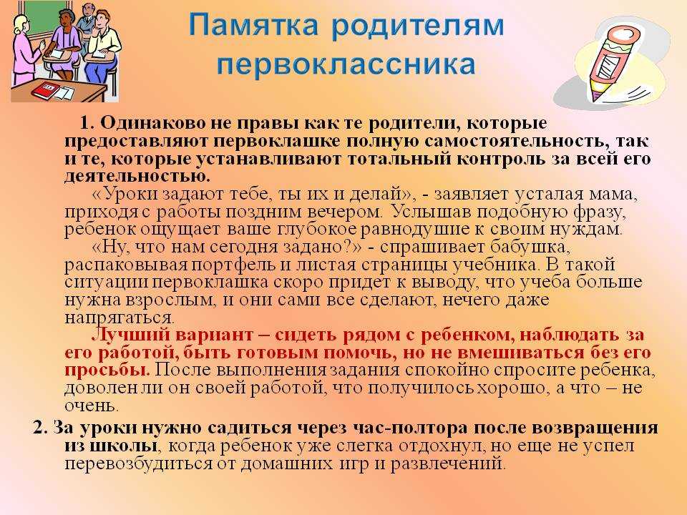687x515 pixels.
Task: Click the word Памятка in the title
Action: [x=253, y=25]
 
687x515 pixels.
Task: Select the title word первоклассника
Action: [x=346, y=64]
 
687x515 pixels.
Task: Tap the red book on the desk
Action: [x=45, y=90]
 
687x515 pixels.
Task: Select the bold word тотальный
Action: [x=399, y=159]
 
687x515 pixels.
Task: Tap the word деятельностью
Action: [x=137, y=176]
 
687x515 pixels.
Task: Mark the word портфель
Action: [x=237, y=265]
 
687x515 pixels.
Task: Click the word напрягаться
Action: [x=120, y=318]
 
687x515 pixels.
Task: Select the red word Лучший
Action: [x=130, y=335]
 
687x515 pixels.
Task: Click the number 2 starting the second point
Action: [x=40, y=428]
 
